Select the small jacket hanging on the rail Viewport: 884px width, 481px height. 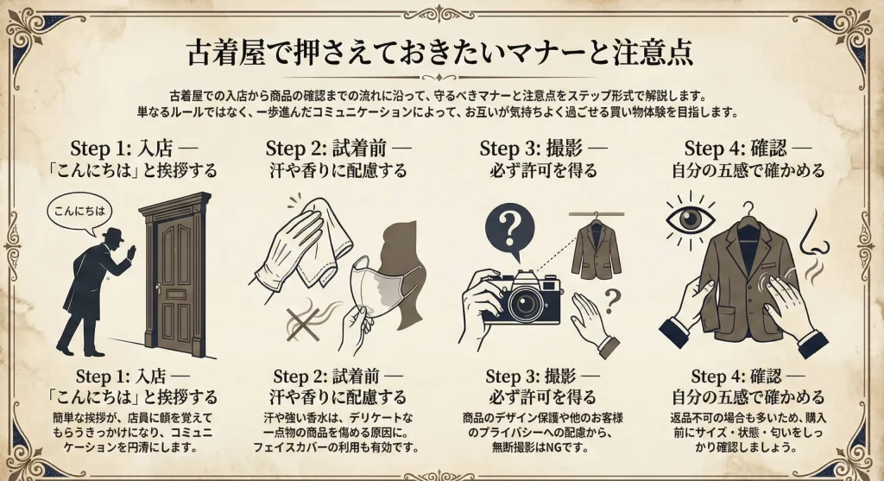click(596, 248)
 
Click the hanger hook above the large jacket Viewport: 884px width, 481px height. click(748, 210)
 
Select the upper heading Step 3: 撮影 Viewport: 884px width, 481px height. click(531, 149)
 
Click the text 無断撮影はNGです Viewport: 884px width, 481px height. click(540, 447)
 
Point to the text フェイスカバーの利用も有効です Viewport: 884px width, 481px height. click(336, 447)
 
